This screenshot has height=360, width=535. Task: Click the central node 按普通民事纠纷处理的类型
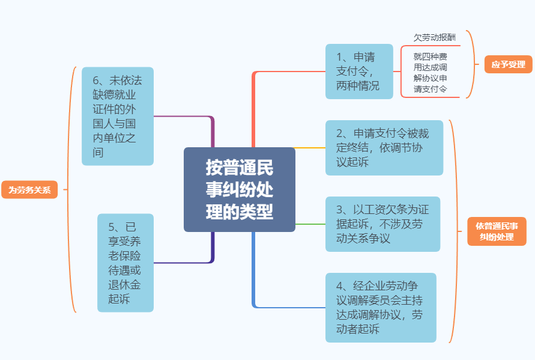click(240, 189)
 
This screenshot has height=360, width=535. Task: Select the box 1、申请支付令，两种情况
click(359, 72)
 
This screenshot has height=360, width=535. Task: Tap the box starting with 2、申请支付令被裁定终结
click(384, 148)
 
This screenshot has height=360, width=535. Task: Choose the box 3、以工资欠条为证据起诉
click(383, 224)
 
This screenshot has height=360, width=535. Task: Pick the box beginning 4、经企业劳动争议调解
click(381, 307)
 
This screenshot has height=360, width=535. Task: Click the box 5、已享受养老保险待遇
click(125, 263)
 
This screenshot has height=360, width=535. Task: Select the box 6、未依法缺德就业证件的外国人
click(118, 116)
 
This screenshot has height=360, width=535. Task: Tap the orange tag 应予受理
click(509, 64)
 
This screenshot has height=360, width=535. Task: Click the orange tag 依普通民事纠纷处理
click(497, 231)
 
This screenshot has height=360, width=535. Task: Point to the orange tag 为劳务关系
click(29, 189)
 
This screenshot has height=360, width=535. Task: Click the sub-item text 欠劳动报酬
click(434, 38)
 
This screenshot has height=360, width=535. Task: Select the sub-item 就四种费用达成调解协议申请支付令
click(431, 73)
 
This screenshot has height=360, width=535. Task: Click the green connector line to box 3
click(310, 224)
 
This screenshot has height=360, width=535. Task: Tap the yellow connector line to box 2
click(310, 148)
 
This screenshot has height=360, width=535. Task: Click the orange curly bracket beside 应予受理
click(473, 64)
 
